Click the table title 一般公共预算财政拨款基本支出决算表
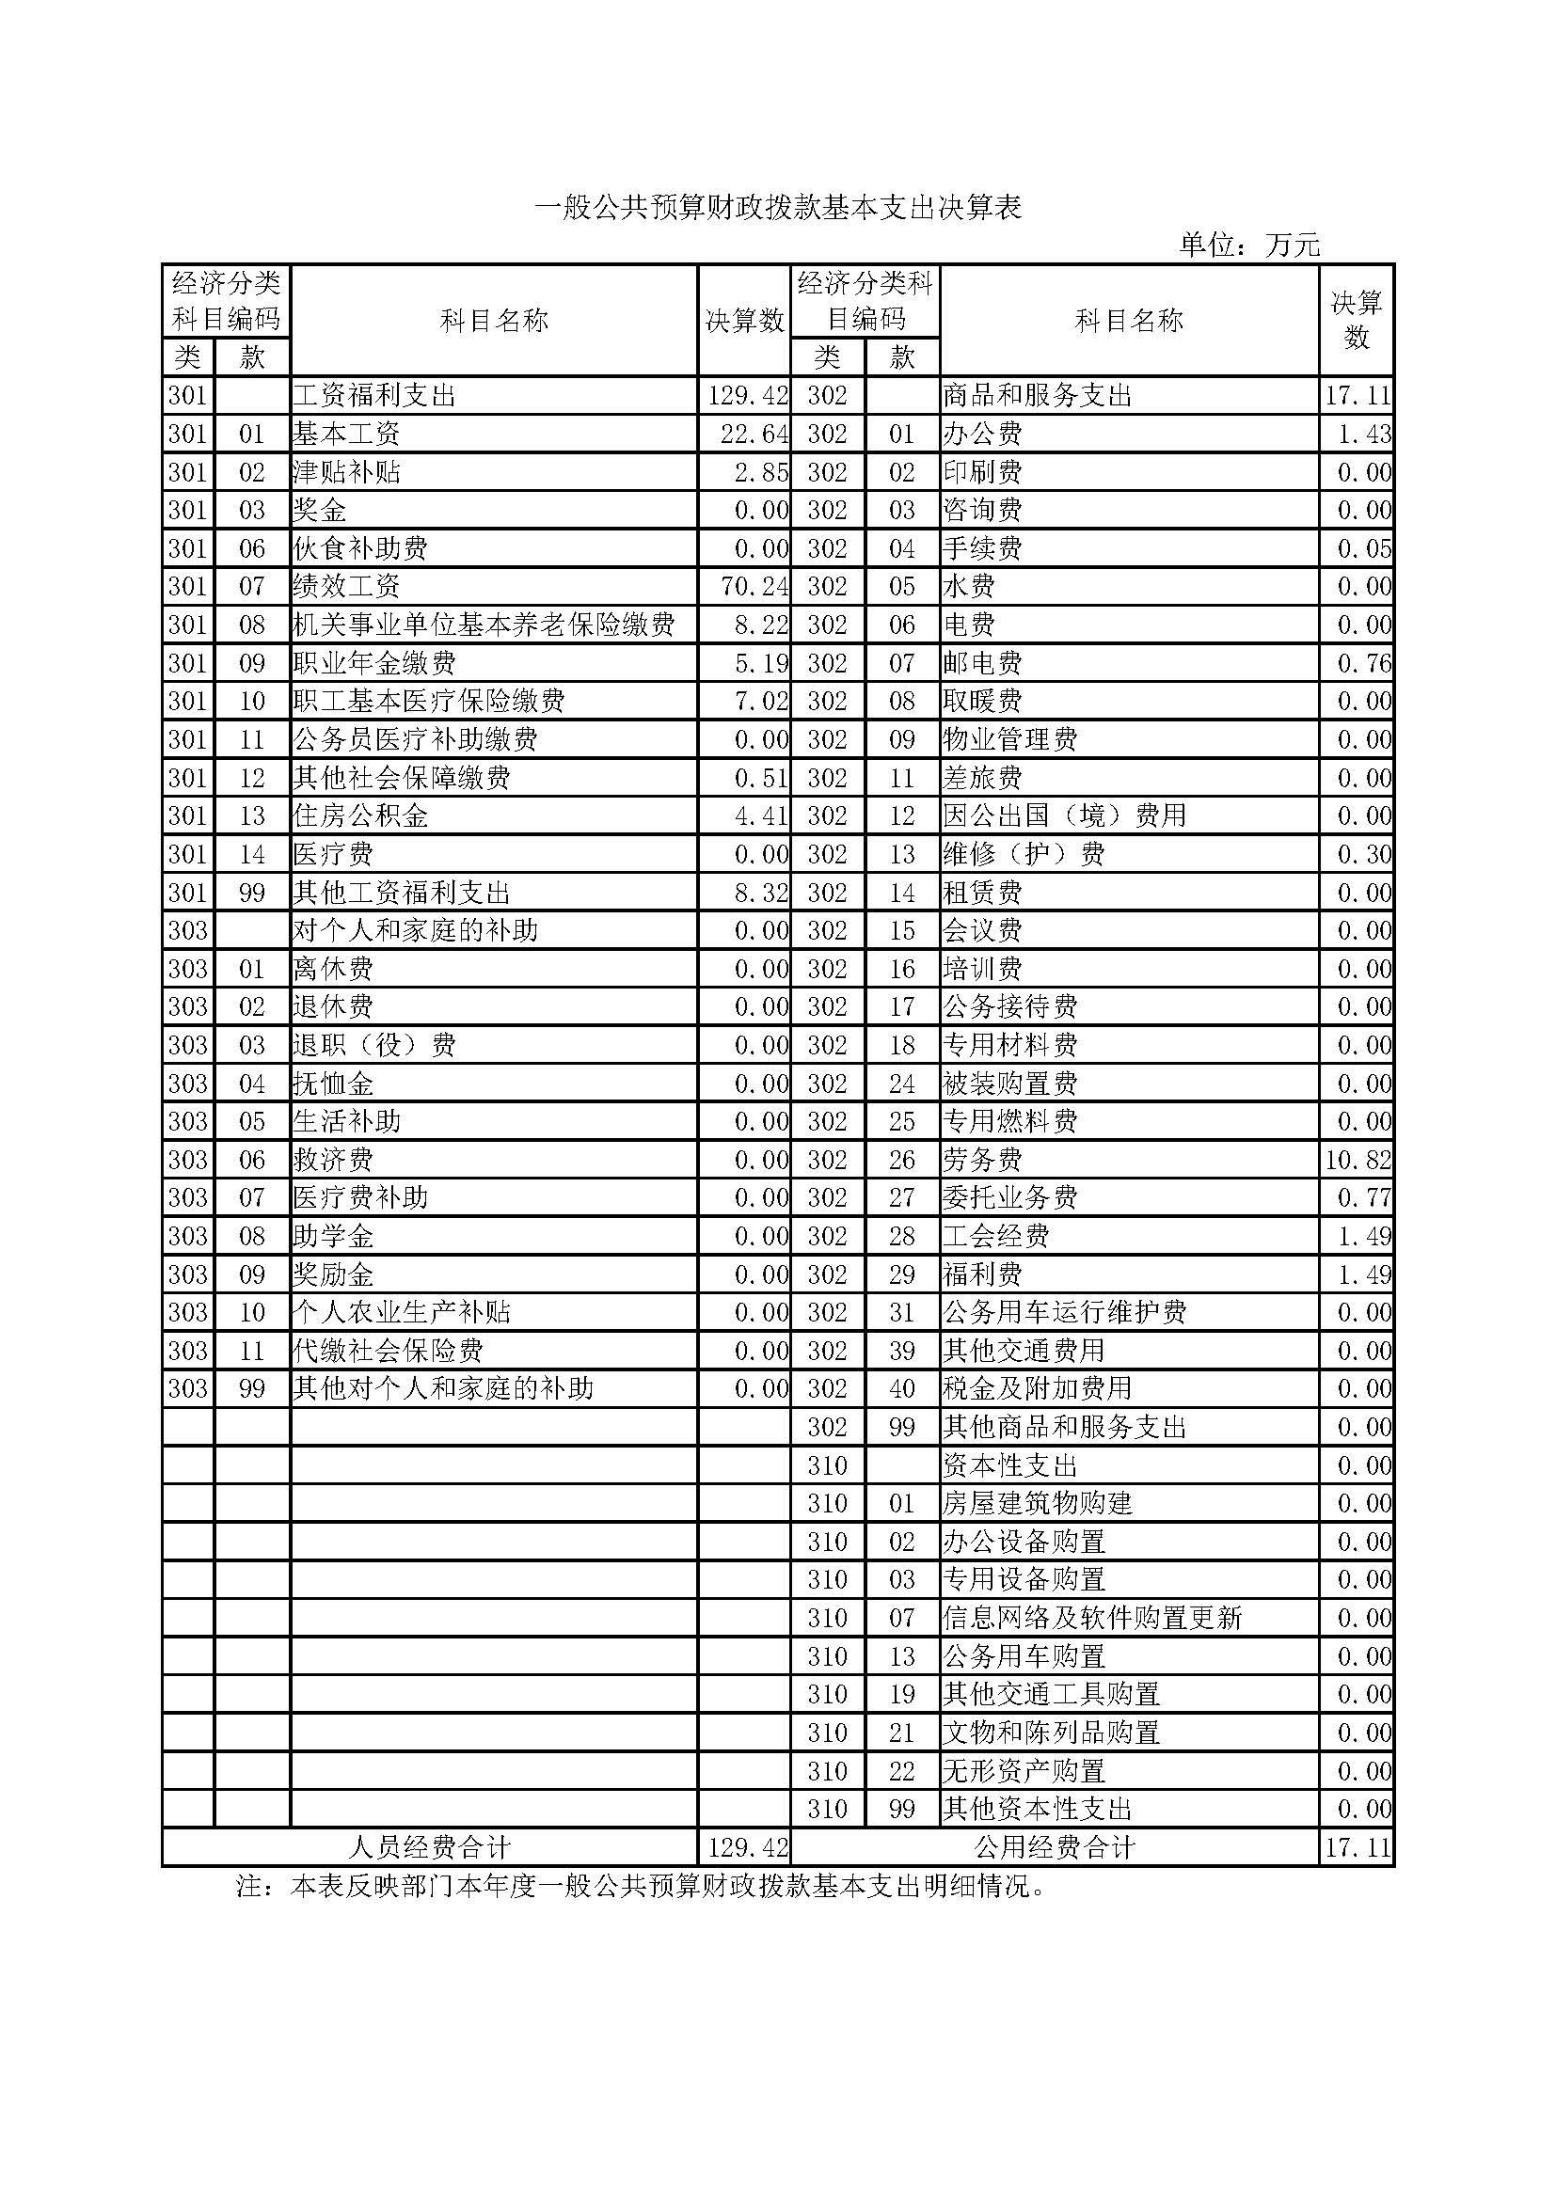[778, 208]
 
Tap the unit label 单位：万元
[1249, 245]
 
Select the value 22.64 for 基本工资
[754, 434]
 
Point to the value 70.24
[754, 586]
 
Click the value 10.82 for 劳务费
[1357, 1161]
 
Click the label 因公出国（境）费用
[1065, 816]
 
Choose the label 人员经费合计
[429, 1847]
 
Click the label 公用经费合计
[1054, 1847]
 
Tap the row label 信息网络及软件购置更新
[1092, 1619]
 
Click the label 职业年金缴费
[374, 663]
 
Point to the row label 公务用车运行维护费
[1065, 1313]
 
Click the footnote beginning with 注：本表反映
[640, 1887]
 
